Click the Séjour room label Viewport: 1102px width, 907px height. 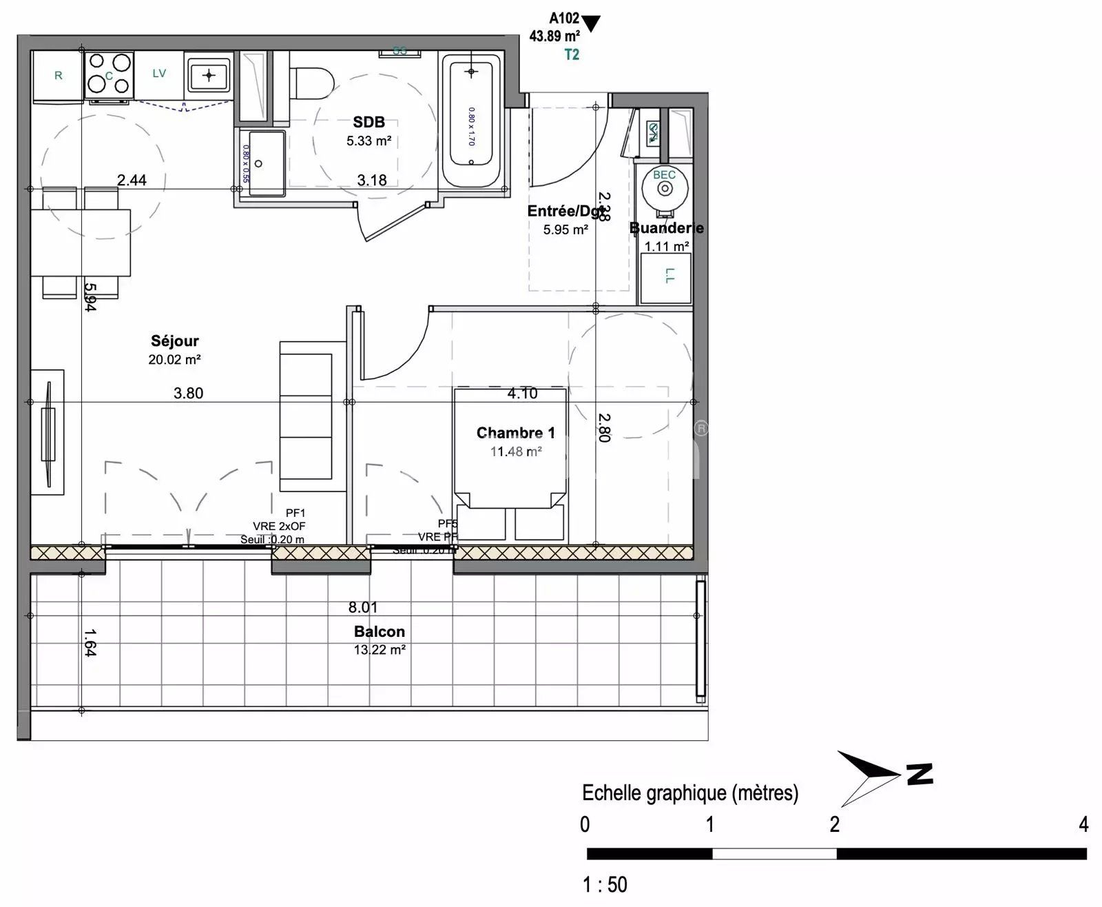[x=175, y=340]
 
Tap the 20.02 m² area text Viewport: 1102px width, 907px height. [x=174, y=359]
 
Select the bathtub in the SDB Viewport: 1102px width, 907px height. [x=471, y=121]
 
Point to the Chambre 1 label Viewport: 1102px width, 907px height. [x=515, y=433]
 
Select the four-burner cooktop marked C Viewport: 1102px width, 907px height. [x=109, y=74]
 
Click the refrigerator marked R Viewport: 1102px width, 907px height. [x=58, y=76]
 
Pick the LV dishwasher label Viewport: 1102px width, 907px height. [x=159, y=74]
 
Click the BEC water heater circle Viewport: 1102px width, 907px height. [x=664, y=187]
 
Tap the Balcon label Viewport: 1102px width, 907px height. [x=379, y=631]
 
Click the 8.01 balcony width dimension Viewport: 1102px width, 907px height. [x=362, y=607]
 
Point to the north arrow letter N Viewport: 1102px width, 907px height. [x=919, y=774]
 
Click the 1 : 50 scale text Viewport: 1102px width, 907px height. [x=605, y=884]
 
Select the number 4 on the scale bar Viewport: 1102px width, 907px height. [x=1083, y=824]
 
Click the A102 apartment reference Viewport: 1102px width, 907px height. [x=563, y=19]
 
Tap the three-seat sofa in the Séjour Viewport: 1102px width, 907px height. [x=312, y=416]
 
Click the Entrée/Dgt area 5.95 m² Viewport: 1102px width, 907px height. [x=565, y=230]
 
